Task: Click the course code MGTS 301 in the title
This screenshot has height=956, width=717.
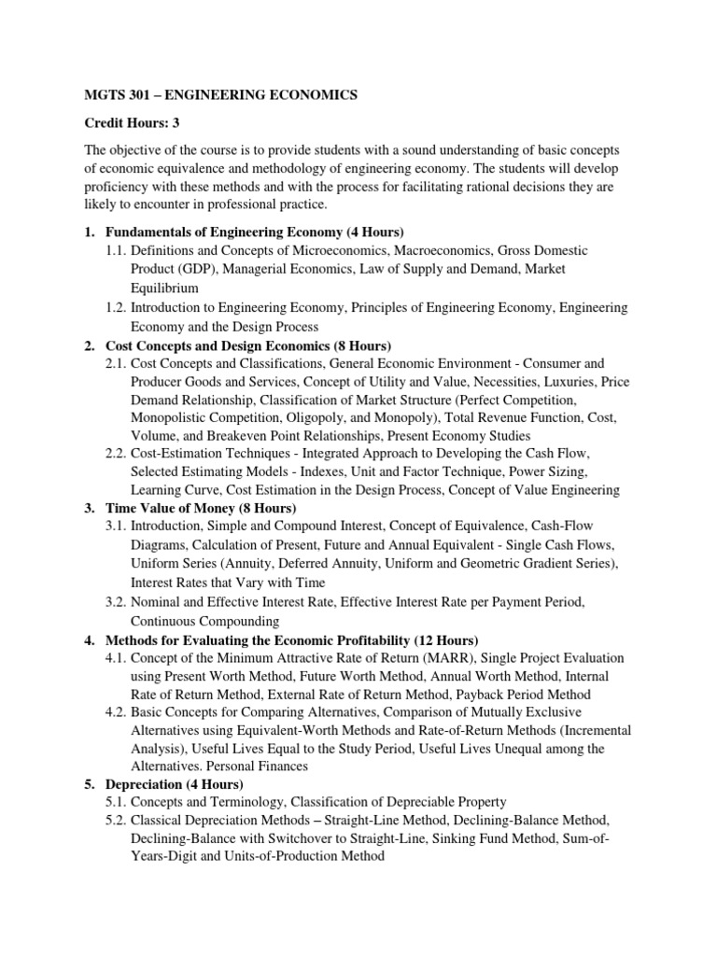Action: pos(117,94)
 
